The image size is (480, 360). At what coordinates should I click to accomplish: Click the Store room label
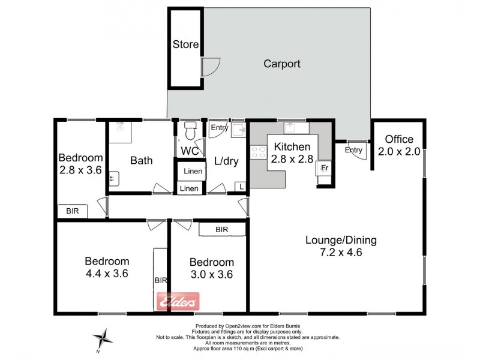[x=185, y=44]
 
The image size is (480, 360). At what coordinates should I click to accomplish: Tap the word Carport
[x=282, y=64]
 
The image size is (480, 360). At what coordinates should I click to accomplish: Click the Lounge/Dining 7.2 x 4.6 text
[x=341, y=246]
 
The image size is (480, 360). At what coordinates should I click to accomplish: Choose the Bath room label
[x=142, y=160]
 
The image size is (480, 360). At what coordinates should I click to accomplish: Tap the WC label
[x=190, y=150]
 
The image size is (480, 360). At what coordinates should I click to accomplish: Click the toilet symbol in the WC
[x=190, y=129]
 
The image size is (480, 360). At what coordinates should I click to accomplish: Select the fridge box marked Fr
[x=323, y=169]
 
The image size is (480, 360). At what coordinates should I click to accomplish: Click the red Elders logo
[x=178, y=302]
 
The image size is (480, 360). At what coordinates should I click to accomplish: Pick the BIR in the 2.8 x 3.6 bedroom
[x=73, y=211]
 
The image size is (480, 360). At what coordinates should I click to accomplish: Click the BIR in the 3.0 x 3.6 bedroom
[x=221, y=230]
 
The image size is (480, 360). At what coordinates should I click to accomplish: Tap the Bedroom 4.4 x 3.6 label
[x=107, y=267]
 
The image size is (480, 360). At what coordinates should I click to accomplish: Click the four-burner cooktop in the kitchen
[x=258, y=152]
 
